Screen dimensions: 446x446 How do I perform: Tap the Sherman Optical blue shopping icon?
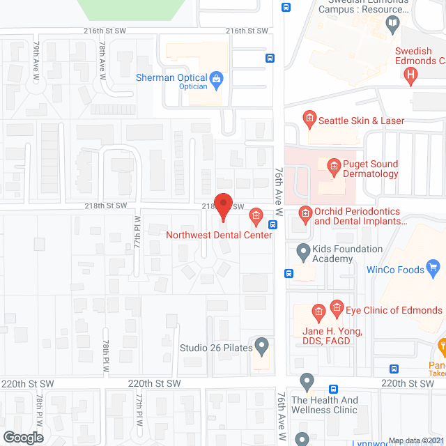pos(216,78)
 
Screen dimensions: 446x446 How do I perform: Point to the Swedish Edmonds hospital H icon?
pos(411,74)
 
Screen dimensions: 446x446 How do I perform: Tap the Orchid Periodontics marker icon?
pos(305,212)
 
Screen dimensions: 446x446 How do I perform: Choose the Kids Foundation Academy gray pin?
pos(303,250)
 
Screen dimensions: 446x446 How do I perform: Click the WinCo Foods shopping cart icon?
pos(433,266)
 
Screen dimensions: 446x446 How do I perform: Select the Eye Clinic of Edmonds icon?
pos(337,307)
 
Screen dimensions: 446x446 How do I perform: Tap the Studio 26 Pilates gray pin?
pos(262,344)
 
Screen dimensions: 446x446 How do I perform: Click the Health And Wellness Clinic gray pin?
pos(307,382)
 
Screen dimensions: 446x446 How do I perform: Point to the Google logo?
pos(22,437)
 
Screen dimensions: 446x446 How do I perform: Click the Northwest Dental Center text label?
pos(219,235)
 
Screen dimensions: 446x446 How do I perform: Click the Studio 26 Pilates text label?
pos(214,348)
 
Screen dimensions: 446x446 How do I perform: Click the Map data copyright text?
pos(416,440)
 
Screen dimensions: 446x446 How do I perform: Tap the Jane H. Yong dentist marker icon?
pos(318,312)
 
